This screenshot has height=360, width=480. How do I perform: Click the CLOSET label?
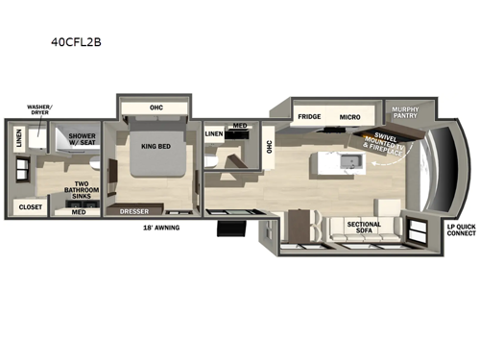point(30,206)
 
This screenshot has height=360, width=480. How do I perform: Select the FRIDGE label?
point(308,118)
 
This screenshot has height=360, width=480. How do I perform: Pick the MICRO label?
point(348,118)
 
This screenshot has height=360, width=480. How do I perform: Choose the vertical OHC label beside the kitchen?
point(270,146)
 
